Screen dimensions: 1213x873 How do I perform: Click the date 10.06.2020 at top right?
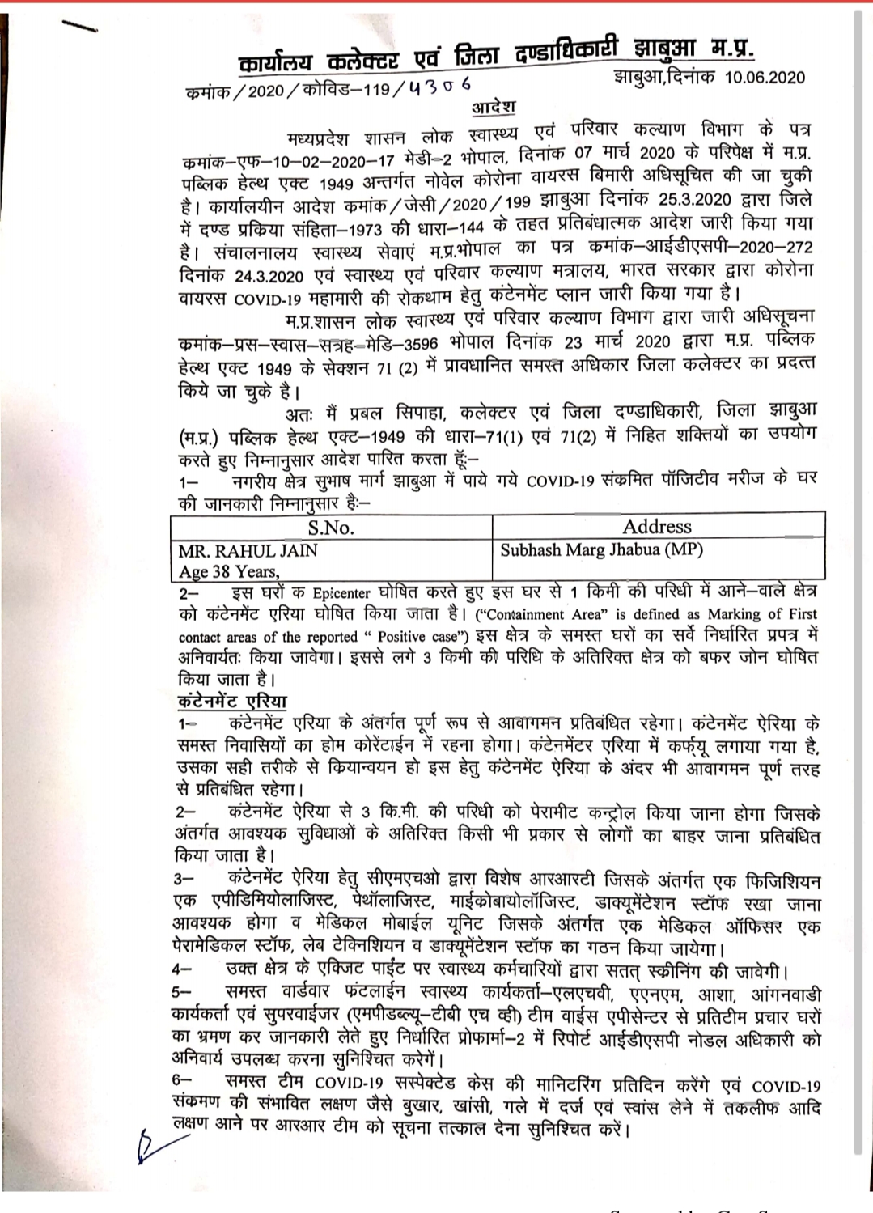765,77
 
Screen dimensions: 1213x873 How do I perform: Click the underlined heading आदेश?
493,108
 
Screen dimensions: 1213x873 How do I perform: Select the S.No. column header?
330,528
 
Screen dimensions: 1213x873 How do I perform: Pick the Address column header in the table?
657,527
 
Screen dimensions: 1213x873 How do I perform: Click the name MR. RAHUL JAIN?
248,551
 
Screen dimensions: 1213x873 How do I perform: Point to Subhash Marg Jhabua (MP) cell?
602,550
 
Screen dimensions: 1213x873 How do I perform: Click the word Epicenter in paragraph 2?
341,592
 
